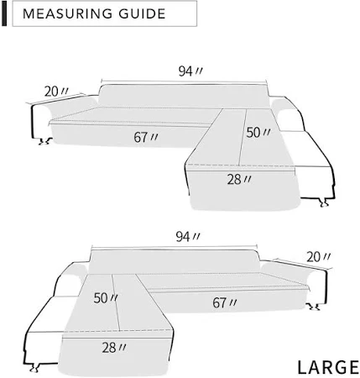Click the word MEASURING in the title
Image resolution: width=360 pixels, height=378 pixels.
coord(68,13)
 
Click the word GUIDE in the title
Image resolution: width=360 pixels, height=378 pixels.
coord(142,13)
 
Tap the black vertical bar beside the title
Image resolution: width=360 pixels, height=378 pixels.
coord(4,13)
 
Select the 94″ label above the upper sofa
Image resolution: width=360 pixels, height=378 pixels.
coord(190,71)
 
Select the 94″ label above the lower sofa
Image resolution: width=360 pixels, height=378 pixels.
coord(188,237)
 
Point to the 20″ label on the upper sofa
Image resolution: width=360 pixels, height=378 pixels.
coord(56,92)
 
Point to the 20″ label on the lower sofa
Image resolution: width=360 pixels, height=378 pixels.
coord(318,257)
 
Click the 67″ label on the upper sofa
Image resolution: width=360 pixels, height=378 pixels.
coord(146,137)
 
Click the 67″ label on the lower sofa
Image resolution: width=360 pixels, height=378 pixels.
coord(225,302)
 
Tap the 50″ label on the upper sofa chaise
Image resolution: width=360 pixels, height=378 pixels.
coord(258,133)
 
